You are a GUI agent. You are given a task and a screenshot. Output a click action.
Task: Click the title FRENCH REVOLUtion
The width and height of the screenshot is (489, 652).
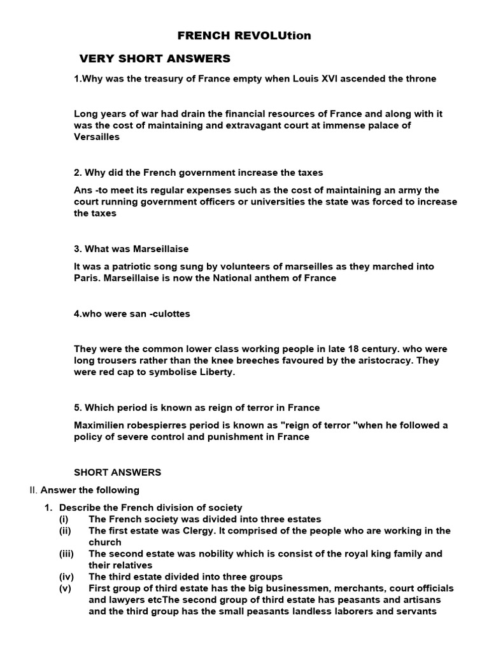[244, 36]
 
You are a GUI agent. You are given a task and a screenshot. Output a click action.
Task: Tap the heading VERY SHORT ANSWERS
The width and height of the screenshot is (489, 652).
[155, 59]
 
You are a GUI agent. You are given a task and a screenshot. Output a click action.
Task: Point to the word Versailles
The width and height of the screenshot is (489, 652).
[97, 137]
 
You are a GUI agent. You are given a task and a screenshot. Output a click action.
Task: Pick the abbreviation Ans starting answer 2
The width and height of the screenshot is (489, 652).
[83, 190]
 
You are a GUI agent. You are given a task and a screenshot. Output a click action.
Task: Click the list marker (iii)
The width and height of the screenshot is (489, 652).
[67, 554]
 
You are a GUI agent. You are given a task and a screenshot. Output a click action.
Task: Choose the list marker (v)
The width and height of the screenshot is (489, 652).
[66, 588]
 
